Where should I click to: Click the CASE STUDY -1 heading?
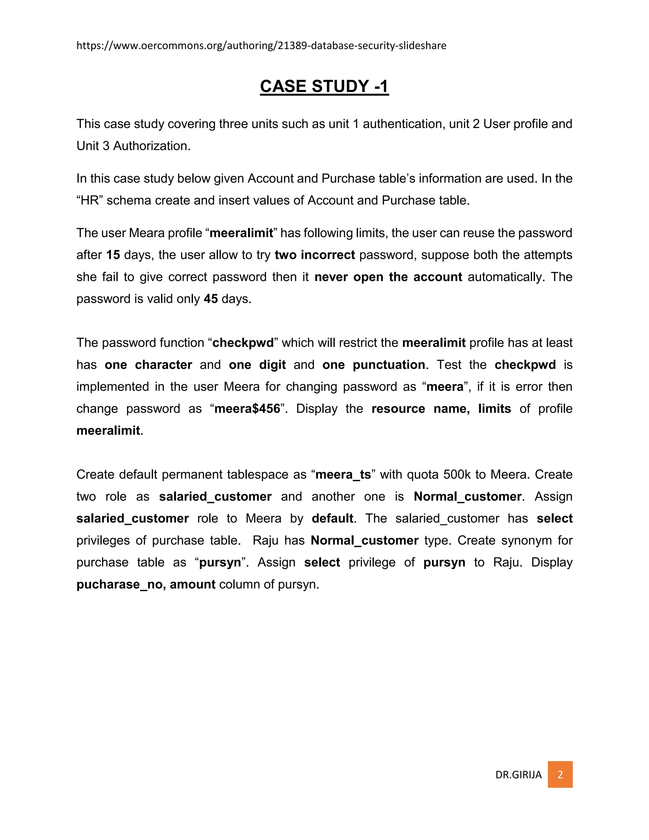324,86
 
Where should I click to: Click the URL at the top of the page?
261,46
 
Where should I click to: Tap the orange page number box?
560,774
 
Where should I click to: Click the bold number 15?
113,255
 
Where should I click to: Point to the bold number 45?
211,299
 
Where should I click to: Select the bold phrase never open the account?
388,277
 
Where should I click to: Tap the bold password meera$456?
247,409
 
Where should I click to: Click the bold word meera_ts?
343,475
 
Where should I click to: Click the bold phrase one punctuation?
373,365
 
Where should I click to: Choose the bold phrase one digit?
257,365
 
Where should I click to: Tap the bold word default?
332,519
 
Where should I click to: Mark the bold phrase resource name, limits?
441,409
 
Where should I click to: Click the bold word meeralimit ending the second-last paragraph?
108,430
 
